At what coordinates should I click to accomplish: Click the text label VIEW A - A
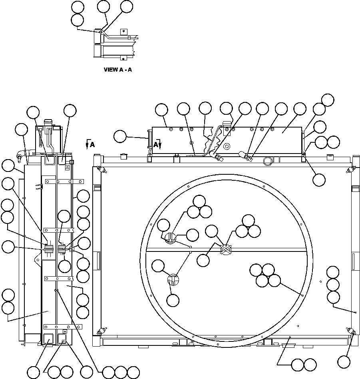[117, 70]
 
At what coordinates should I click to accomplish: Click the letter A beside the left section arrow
[92, 145]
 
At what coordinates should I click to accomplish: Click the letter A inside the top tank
[156, 145]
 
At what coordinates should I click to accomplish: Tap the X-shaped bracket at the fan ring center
[227, 249]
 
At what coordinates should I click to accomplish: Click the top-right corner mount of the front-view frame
[350, 170]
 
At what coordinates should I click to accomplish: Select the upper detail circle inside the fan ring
[171, 238]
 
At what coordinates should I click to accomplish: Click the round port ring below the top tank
[267, 161]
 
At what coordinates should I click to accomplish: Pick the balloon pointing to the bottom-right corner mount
[344, 361]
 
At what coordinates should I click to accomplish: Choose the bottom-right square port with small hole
[63, 339]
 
